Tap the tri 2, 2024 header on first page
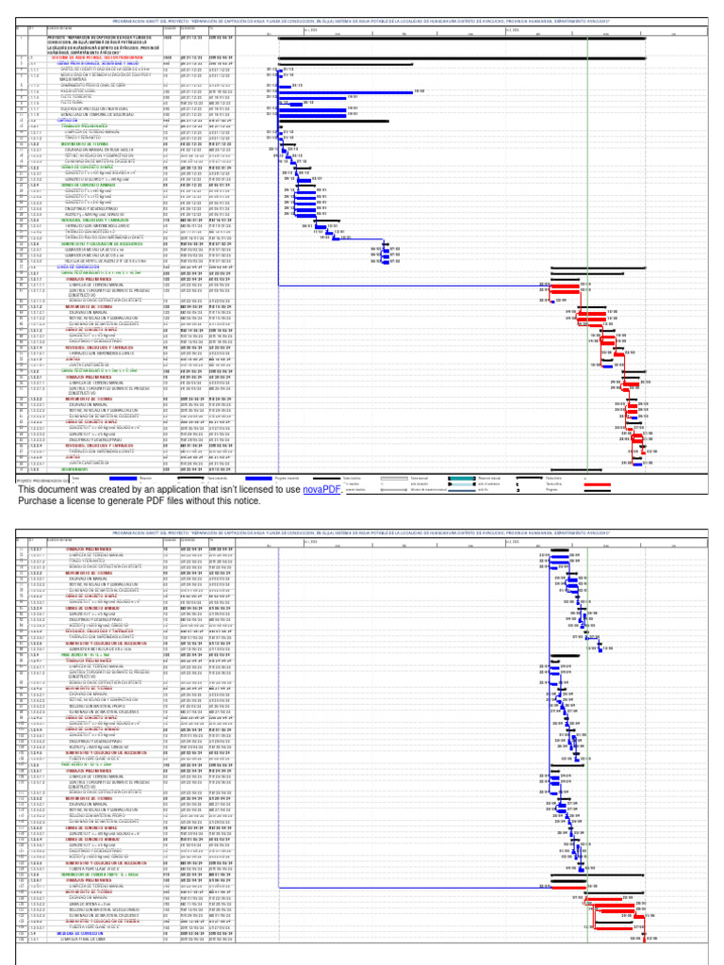[x=515, y=29]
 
